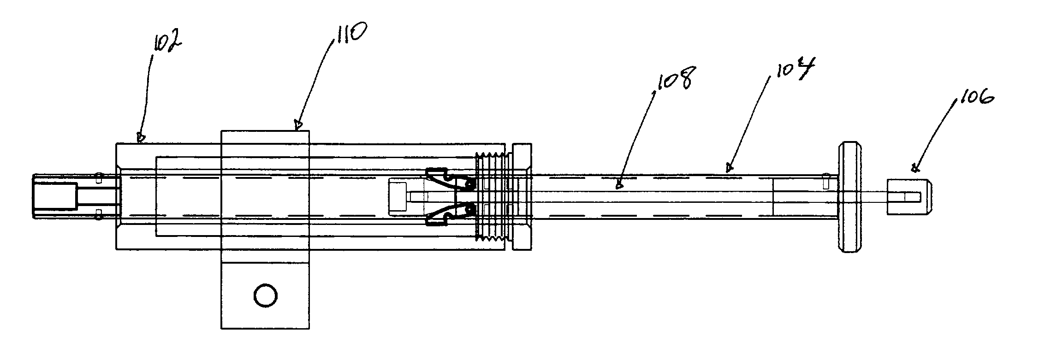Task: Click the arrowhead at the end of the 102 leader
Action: tap(140, 136)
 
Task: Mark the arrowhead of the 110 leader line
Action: tap(298, 124)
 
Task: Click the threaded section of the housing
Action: tap(493, 197)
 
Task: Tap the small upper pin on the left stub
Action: tap(98, 178)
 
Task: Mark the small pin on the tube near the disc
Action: tap(826, 180)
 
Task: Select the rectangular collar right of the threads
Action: tap(522, 197)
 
